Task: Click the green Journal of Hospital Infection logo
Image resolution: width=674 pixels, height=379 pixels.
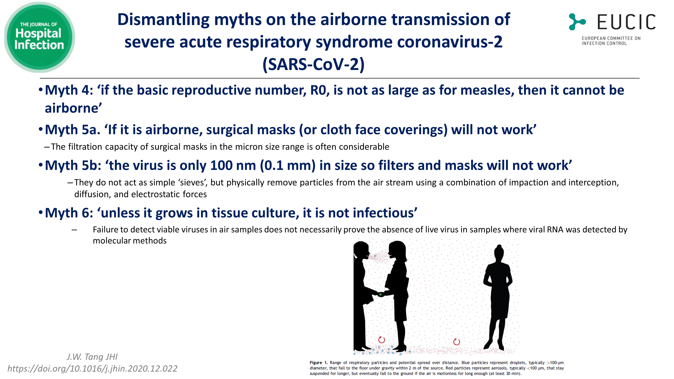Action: click(39, 37)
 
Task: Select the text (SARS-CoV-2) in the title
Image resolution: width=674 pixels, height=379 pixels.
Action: click(313, 64)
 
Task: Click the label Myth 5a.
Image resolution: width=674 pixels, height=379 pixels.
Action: click(72, 130)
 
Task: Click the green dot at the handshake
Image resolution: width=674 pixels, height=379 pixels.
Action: click(380, 294)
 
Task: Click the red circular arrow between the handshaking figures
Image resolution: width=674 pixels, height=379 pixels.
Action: click(381, 340)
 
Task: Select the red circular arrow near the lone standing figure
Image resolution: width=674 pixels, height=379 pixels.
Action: click(457, 342)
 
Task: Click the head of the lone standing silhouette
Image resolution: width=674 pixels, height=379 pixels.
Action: click(499, 253)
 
